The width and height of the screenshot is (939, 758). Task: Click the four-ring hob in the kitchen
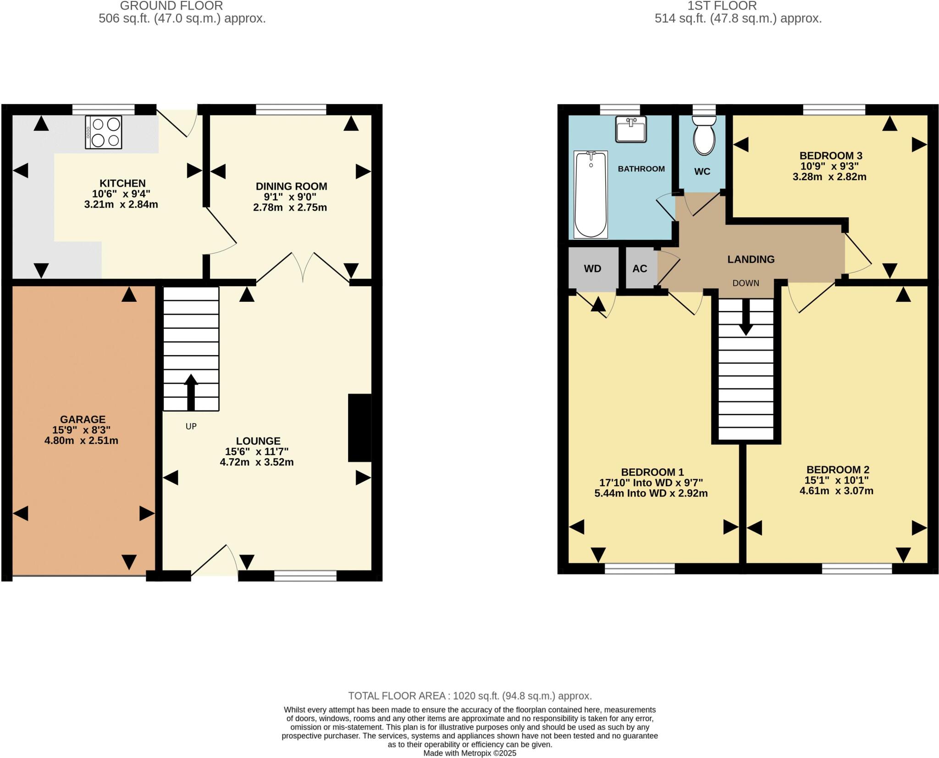click(x=104, y=133)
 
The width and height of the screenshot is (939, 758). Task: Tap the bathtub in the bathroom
click(x=591, y=194)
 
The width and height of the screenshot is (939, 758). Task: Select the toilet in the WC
click(x=704, y=136)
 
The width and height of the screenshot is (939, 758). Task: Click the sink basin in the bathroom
click(x=631, y=129)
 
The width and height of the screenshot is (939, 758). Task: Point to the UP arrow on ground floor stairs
click(x=191, y=393)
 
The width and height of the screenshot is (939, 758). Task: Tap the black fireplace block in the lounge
click(x=360, y=427)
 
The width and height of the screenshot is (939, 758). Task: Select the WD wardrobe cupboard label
click(x=592, y=269)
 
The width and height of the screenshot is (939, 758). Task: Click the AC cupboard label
click(x=640, y=269)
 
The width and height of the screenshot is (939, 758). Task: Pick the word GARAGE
click(x=83, y=419)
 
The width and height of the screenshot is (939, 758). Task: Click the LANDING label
click(x=751, y=259)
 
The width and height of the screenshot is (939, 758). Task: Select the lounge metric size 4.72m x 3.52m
click(x=257, y=462)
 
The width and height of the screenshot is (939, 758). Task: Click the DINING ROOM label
click(x=291, y=186)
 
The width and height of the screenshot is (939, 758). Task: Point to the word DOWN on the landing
click(x=746, y=283)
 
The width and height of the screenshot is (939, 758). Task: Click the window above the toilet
click(x=704, y=110)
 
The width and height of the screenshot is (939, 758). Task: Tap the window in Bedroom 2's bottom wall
click(x=856, y=569)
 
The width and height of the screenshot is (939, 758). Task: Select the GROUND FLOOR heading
click(x=171, y=6)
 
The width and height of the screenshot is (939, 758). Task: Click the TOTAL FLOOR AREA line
click(x=469, y=696)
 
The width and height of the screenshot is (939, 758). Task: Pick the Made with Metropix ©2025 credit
click(x=469, y=753)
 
